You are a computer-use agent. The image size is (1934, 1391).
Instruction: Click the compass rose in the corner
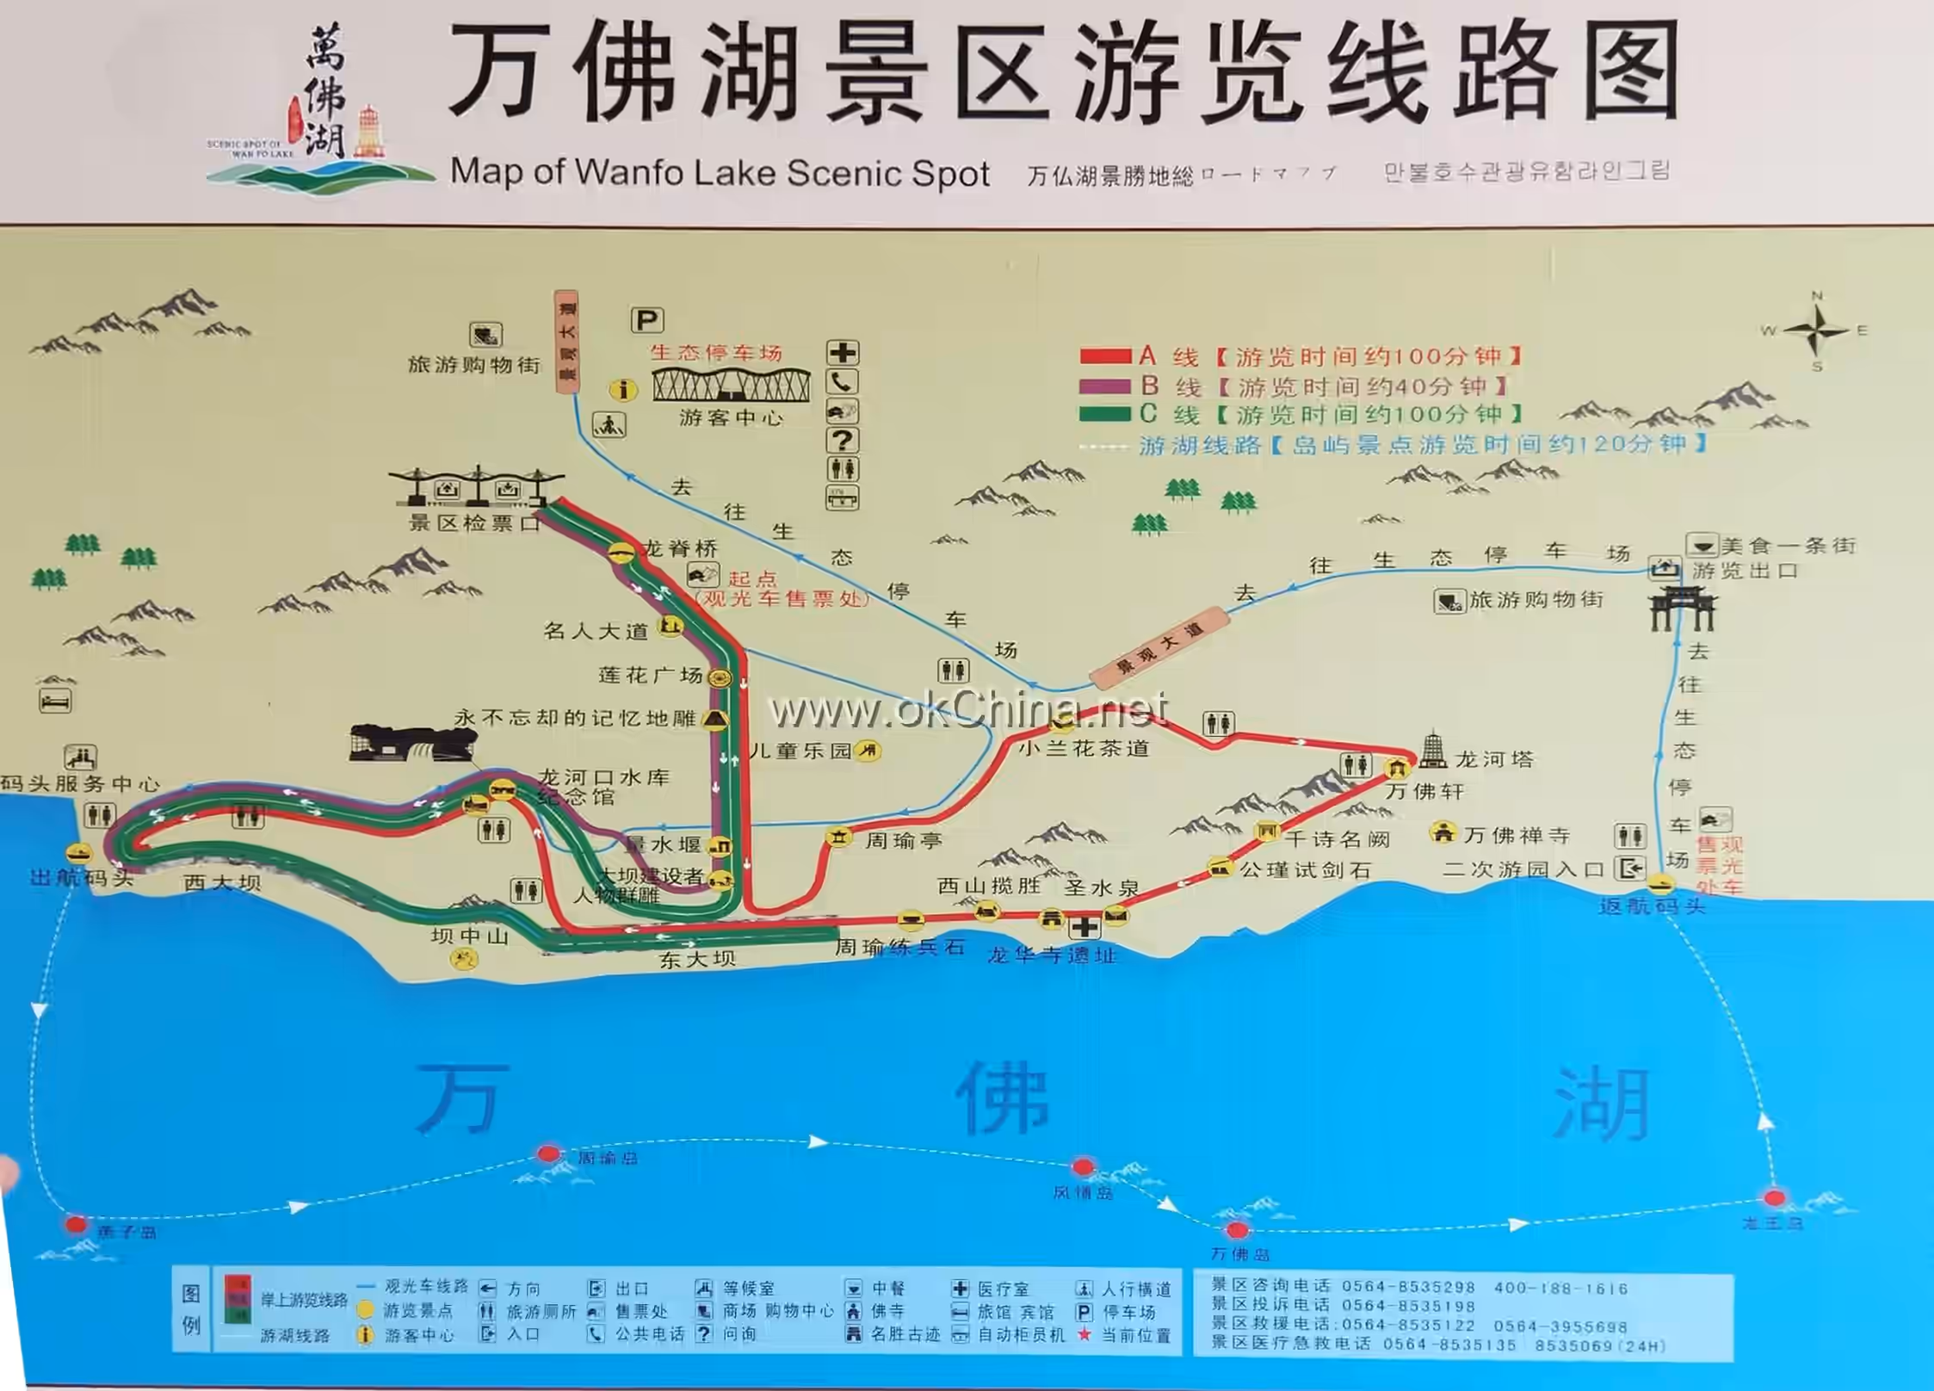tap(1815, 331)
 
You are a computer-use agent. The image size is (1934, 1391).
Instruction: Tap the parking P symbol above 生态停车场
tap(646, 320)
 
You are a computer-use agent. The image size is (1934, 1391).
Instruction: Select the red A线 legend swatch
tap(1105, 355)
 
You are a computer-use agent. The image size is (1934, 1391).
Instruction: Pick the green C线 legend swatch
tap(1105, 414)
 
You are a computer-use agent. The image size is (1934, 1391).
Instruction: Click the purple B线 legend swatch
tap(1105, 386)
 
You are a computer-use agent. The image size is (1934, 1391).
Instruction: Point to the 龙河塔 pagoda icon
tap(1432, 750)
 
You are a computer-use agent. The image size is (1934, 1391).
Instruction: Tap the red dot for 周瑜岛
tap(548, 1153)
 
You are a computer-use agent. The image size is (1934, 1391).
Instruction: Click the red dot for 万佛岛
tap(1237, 1229)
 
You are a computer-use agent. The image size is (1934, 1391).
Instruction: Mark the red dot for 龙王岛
tap(1774, 1197)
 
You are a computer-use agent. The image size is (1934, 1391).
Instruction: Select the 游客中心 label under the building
tap(731, 418)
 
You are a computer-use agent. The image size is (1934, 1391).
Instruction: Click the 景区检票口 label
tap(474, 522)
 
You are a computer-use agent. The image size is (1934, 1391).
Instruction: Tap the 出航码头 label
tap(82, 877)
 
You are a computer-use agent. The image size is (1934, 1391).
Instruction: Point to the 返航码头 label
tap(1652, 906)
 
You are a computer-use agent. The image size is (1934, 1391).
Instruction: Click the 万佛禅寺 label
tap(1517, 835)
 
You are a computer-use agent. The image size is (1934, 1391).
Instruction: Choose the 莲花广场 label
tap(651, 676)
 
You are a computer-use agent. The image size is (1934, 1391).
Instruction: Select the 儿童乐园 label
tap(800, 751)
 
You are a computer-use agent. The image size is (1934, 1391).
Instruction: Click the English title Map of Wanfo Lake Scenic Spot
tap(720, 172)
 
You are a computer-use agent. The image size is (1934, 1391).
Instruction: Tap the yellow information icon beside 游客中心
tap(623, 390)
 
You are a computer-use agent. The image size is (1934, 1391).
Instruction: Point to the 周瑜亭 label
tap(903, 840)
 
